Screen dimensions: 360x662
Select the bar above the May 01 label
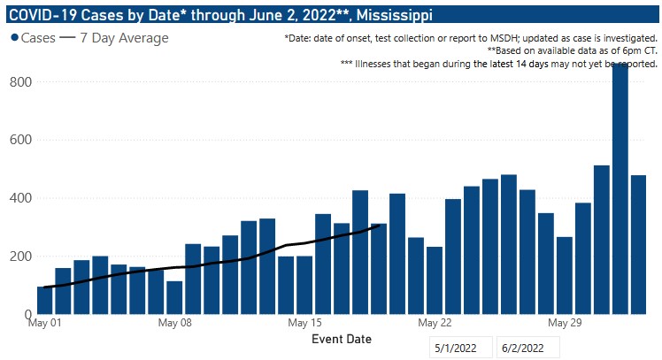pos(44,300)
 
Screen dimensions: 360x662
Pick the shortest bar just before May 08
pos(174,297)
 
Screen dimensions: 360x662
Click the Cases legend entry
pos(35,38)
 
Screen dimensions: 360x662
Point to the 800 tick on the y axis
pos(20,82)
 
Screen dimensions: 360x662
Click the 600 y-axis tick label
pos(20,140)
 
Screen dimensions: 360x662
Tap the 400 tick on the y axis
pos(20,198)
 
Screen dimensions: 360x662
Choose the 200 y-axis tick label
pos(20,257)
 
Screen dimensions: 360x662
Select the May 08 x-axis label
pos(174,323)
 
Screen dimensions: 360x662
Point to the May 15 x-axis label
pos(304,323)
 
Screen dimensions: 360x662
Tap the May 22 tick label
pos(435,323)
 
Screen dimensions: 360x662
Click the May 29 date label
pos(565,323)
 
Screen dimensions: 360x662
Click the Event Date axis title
pos(342,339)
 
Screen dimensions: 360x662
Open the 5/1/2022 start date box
pos(461,348)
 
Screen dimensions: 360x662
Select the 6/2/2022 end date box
pos(527,348)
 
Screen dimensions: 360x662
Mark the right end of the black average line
pos(379,226)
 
